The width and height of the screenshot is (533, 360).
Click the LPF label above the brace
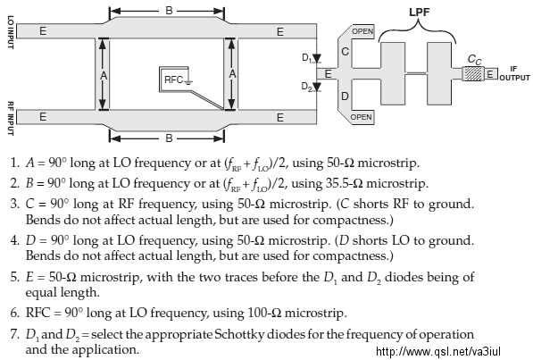(419, 12)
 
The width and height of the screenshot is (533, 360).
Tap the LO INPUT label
(11, 32)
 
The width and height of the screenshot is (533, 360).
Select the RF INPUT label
(11, 119)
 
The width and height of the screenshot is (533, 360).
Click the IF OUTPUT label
(514, 73)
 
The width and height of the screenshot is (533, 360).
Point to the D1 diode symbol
(316, 59)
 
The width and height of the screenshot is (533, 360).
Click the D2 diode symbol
(316, 87)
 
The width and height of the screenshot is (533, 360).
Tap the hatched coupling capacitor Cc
(473, 73)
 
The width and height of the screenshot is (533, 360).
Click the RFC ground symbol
(188, 82)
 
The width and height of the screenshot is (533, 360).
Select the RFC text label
(173, 80)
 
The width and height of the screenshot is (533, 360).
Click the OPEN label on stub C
(362, 31)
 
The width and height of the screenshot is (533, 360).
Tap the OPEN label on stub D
(361, 117)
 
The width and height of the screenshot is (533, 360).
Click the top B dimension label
(169, 11)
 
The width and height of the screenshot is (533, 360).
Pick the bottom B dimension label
(169, 138)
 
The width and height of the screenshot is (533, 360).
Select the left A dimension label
(104, 75)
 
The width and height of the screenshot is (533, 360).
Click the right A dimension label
(232, 74)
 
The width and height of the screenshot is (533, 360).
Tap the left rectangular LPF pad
(393, 73)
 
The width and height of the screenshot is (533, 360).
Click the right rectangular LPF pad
(439, 73)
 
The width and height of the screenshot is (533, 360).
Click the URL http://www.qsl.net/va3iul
(438, 351)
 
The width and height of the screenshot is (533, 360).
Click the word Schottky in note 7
(239, 334)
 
